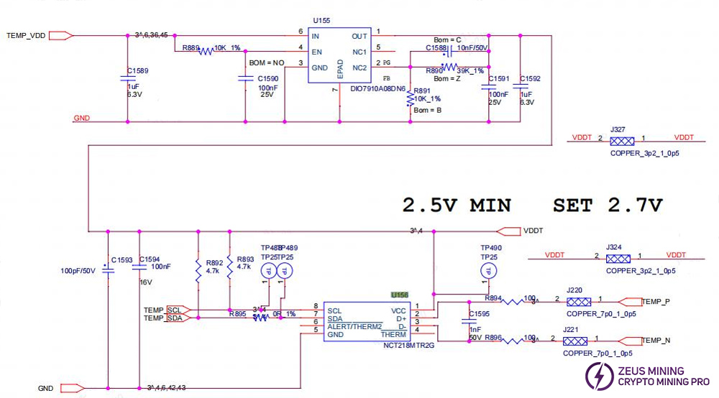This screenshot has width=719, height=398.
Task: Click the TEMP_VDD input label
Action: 26,34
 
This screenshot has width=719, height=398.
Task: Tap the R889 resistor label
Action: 191,48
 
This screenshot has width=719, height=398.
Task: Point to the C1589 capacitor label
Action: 137,70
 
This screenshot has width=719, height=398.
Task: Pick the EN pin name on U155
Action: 316,52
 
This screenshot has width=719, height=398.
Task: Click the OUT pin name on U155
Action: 359,35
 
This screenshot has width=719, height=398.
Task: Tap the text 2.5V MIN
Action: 458,205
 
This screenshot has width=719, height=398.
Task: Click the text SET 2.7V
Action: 608,205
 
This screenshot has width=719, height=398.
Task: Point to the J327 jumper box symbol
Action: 621,142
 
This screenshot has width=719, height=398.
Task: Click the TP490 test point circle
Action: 488,271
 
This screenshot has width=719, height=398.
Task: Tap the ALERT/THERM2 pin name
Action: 354,326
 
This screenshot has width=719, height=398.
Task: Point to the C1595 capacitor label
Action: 479,313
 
